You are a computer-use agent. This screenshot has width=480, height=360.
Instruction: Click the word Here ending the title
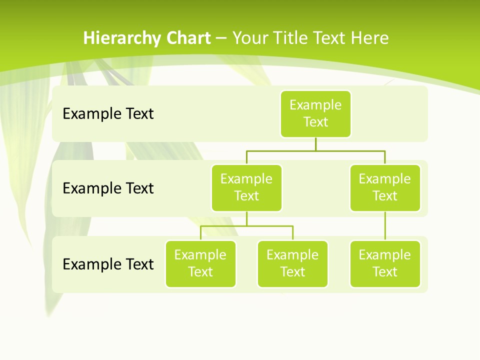click(x=369, y=38)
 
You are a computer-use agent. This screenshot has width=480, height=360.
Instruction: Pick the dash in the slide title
click(x=221, y=38)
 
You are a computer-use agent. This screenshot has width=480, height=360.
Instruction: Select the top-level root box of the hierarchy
click(x=315, y=113)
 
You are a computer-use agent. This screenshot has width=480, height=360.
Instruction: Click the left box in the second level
click(x=246, y=187)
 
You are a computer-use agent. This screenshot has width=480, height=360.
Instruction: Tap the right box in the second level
click(x=385, y=187)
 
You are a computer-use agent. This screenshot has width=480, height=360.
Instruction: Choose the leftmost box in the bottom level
click(x=200, y=263)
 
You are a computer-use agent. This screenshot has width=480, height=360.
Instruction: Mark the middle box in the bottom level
click(x=292, y=263)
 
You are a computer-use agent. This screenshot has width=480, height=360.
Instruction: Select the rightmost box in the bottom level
click(x=385, y=263)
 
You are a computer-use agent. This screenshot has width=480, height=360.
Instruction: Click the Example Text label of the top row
click(x=108, y=114)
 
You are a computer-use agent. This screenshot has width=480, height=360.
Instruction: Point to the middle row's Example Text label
click(x=108, y=188)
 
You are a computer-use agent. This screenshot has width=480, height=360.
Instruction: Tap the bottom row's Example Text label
click(x=108, y=264)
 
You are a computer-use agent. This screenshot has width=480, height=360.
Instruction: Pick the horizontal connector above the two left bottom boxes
click(x=246, y=226)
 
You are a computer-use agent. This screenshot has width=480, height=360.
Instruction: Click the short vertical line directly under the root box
click(x=315, y=144)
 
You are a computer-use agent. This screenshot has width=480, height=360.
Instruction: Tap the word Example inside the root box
click(x=315, y=105)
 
